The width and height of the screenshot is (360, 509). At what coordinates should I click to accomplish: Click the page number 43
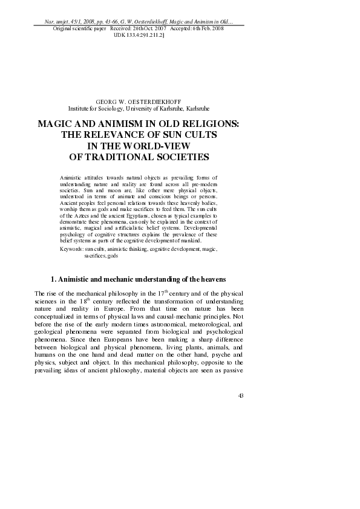click(x=241, y=396)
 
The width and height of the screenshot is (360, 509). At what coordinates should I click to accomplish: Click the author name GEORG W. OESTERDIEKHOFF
click(x=139, y=102)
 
